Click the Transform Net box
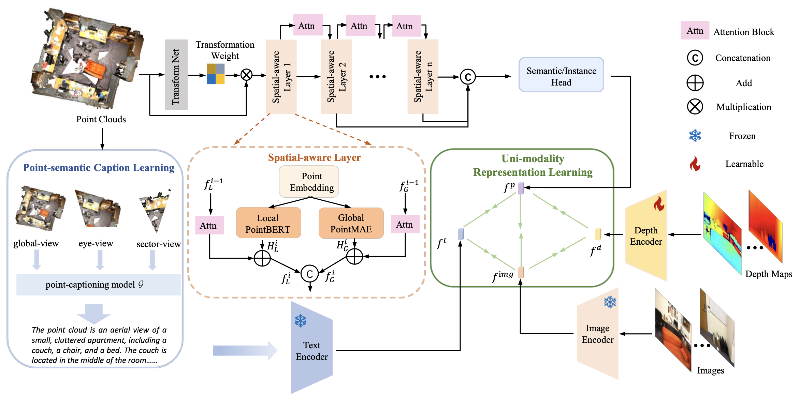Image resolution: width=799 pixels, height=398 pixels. click(x=176, y=75)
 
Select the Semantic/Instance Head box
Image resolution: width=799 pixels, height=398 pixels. click(x=561, y=75)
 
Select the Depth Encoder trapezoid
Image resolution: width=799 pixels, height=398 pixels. click(x=646, y=235)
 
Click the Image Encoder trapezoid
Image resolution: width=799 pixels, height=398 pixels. click(x=597, y=334)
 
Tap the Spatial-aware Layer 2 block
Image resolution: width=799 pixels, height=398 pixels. click(x=336, y=77)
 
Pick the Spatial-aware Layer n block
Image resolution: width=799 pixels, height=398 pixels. click(x=423, y=77)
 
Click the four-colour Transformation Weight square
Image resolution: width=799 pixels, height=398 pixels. click(x=216, y=74)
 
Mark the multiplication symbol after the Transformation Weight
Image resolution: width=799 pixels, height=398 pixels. click(x=246, y=75)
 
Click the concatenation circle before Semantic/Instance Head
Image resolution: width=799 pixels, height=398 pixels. click(x=468, y=77)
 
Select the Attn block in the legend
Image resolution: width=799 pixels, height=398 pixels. click(x=695, y=31)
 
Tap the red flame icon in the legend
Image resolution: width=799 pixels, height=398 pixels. click(x=695, y=164)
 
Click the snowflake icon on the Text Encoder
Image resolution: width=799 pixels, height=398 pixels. click(x=301, y=321)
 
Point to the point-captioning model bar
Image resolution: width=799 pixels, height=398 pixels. click(x=98, y=285)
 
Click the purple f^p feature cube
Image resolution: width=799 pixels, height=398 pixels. click(x=521, y=188)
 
